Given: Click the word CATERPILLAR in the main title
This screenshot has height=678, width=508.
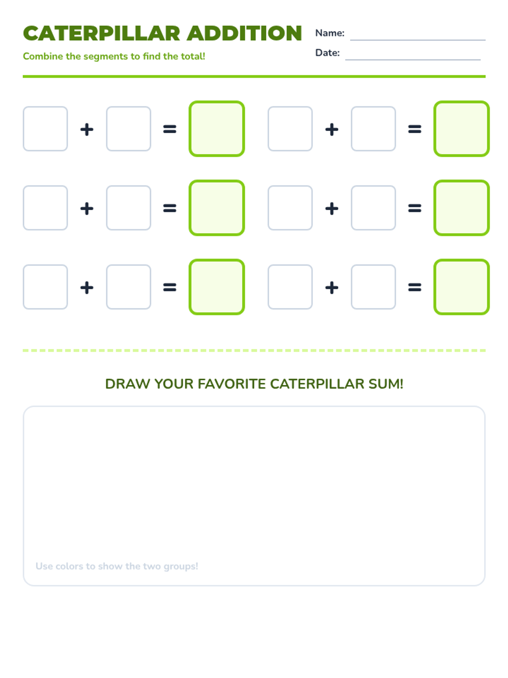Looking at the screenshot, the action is pyautogui.click(x=102, y=33).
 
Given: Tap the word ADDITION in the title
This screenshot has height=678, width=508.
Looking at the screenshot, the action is pyautogui.click(x=244, y=33).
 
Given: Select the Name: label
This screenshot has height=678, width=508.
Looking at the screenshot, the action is pyautogui.click(x=330, y=33).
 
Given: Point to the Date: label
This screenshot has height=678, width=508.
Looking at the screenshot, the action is pyautogui.click(x=327, y=53).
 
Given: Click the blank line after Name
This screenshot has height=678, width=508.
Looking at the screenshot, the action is pyautogui.click(x=418, y=40).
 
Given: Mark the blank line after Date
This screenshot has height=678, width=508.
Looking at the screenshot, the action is pyautogui.click(x=413, y=60).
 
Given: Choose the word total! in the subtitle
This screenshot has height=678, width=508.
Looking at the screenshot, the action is pyautogui.click(x=193, y=56).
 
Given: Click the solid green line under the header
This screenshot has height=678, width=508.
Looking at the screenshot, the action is pyautogui.click(x=254, y=76).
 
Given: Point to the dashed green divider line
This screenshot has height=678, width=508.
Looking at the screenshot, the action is pyautogui.click(x=254, y=350).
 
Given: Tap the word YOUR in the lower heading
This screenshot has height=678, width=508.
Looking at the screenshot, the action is pyautogui.click(x=173, y=384).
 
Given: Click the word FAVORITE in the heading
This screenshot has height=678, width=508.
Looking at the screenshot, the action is pyautogui.click(x=231, y=384).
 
